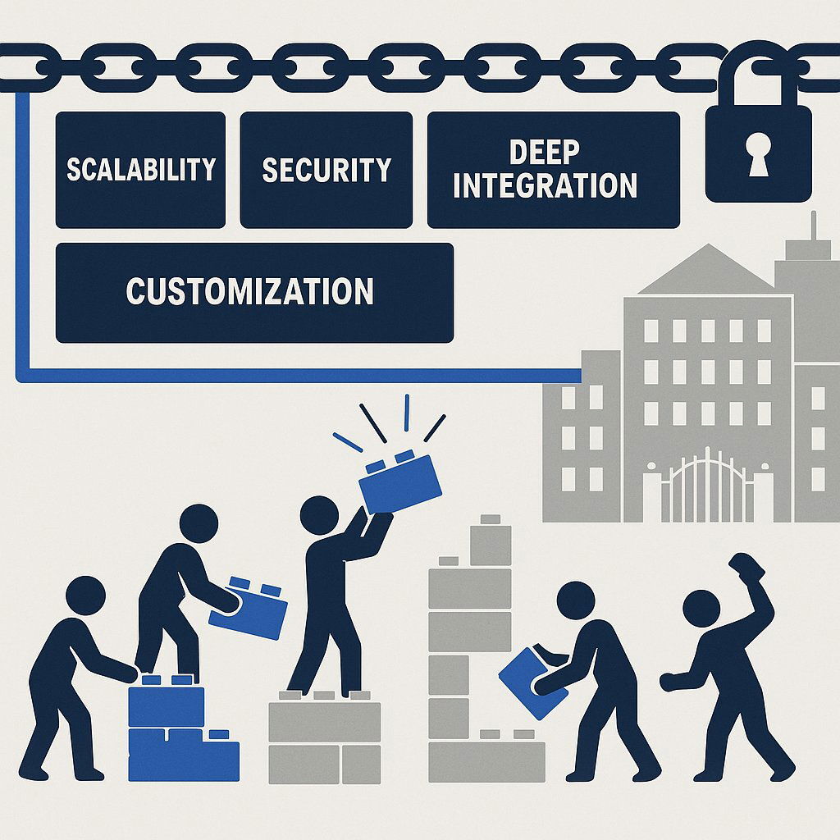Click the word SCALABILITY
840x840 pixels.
tap(140, 170)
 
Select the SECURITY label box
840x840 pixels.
tap(326, 170)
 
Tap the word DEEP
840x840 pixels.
tap(544, 153)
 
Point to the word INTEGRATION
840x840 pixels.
tap(545, 185)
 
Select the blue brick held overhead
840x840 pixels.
tap(400, 482)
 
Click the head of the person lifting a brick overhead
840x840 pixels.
tap(319, 515)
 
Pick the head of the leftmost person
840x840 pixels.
tap(85, 596)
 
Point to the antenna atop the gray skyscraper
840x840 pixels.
tap(814, 226)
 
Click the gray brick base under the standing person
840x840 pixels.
tap(325, 738)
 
